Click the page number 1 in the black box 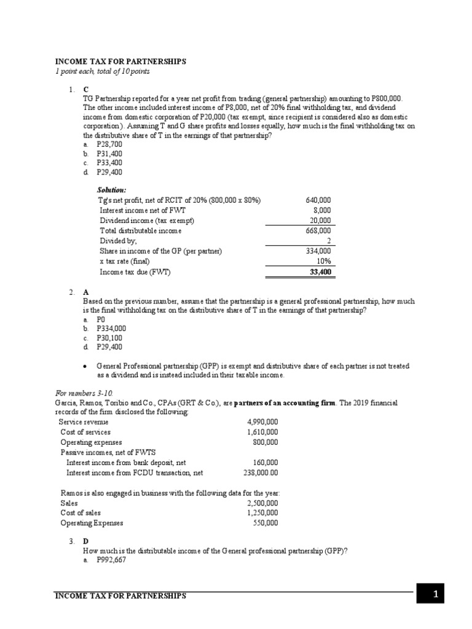click(435, 594)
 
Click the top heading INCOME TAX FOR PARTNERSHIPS click(120, 62)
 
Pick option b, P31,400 click(109, 154)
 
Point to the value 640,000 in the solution click(318, 200)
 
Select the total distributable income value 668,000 click(318, 231)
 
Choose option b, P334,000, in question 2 click(111, 329)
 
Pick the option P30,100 click(109, 338)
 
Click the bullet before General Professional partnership click(85, 367)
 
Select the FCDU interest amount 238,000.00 click(261, 473)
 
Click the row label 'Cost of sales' click(81, 513)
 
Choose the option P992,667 click(111, 561)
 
